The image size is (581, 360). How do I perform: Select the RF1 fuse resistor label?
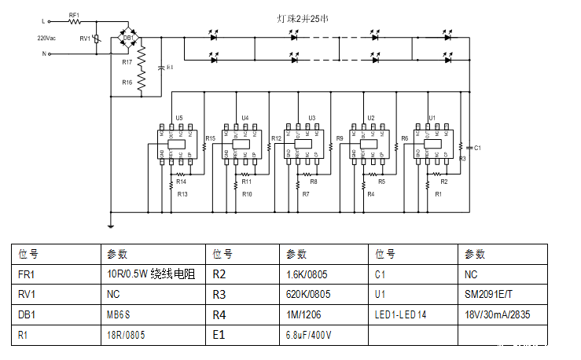[74, 15]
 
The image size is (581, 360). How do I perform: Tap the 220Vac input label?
[46, 38]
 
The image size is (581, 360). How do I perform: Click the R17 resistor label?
[127, 61]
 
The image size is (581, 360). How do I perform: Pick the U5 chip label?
[179, 118]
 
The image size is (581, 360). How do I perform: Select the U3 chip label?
[312, 118]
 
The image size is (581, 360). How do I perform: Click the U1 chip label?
[432, 118]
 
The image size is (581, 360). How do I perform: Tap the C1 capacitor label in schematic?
[477, 147]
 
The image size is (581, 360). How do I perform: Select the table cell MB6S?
[120, 314]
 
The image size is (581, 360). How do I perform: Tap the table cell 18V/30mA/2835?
[496, 314]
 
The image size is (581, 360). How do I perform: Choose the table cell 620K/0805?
[308, 295]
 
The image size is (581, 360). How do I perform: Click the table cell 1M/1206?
[303, 314]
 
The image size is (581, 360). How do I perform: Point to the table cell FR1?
[28, 274]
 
